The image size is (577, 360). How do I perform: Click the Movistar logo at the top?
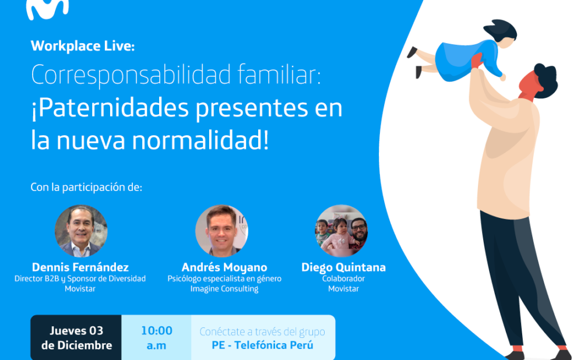(47, 8)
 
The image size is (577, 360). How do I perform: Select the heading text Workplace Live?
(82, 46)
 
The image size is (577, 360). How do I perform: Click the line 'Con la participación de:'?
(86, 188)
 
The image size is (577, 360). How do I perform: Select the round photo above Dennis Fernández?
(81, 231)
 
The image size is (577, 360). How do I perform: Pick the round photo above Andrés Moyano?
(221, 231)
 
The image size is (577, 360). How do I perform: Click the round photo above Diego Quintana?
(341, 231)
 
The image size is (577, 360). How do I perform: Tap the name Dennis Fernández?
(80, 267)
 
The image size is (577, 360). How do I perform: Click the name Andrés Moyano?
(224, 267)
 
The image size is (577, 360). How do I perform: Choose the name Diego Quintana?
(343, 267)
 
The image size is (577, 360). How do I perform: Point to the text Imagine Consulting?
(224, 289)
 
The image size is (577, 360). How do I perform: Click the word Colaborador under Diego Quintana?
(343, 278)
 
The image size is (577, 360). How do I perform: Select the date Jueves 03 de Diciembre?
(76, 338)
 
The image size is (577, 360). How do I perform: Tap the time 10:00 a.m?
(156, 338)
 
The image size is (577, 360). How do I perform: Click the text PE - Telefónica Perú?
(262, 345)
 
